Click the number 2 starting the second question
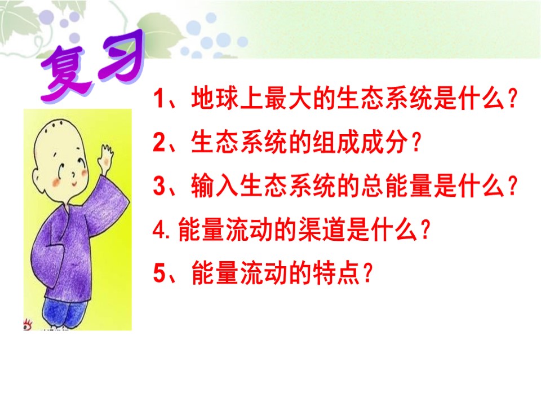[x=159, y=143]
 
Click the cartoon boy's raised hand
[x=105, y=156]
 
